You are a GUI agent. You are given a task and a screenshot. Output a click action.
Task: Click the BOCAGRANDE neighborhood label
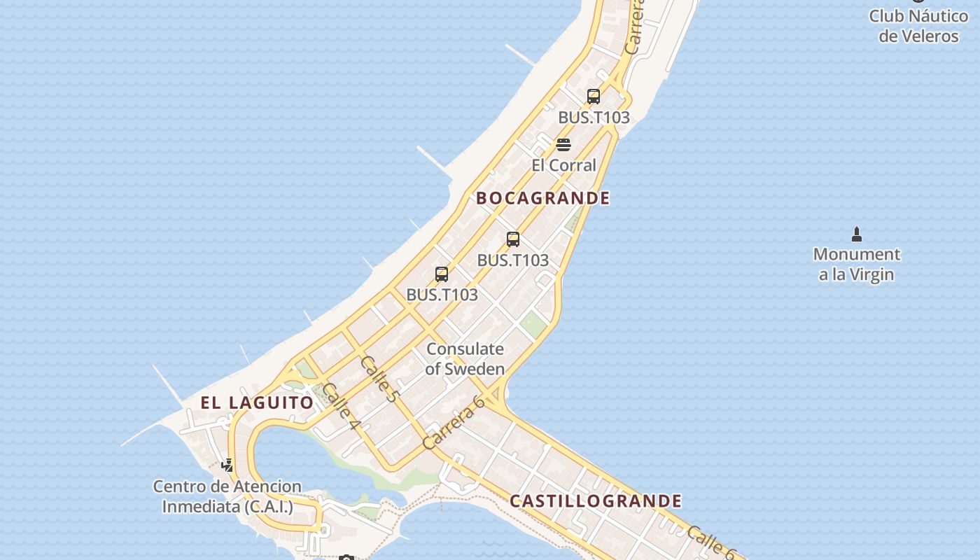tap(542, 198)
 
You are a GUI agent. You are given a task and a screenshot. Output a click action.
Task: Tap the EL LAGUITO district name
tap(257, 402)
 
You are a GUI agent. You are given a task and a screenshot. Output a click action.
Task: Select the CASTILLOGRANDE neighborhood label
tap(595, 501)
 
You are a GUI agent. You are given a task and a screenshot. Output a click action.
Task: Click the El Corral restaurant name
tap(563, 166)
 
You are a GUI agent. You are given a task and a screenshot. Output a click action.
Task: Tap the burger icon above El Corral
tap(563, 145)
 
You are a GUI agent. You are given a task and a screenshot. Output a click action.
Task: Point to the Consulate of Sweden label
tap(465, 358)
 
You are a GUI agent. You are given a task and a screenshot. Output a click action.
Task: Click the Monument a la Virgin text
tap(856, 264)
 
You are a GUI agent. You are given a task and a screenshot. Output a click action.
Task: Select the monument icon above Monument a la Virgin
tap(856, 234)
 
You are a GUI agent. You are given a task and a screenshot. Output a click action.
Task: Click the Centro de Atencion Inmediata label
tap(227, 496)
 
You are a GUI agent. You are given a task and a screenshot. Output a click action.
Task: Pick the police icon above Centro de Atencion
tap(227, 465)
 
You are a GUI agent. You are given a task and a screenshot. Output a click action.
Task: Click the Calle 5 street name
tap(379, 378)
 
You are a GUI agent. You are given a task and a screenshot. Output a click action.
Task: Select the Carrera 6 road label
tap(454, 423)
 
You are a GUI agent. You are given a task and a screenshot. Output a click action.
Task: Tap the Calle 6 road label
tap(710, 542)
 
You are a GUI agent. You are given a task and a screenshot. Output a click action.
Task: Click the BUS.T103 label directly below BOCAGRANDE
tap(512, 260)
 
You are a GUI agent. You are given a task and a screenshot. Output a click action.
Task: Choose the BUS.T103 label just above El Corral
tap(594, 118)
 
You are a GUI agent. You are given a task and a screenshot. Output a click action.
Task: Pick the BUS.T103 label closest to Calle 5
tap(442, 295)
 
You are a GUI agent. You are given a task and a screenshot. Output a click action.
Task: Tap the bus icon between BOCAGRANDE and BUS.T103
tap(513, 239)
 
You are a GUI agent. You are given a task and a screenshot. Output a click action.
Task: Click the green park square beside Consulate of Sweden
tap(533, 323)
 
